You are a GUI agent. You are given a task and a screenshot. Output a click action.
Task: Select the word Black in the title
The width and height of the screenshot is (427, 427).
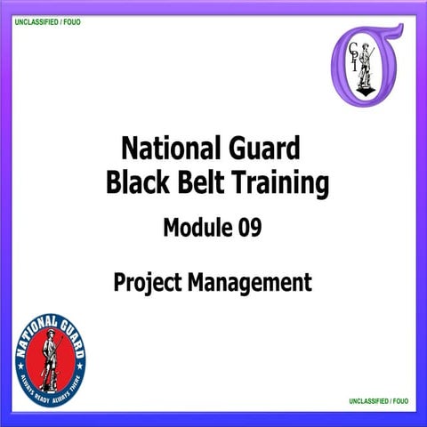(135, 184)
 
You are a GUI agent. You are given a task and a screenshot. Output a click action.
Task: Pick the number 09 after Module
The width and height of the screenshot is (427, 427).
(250, 230)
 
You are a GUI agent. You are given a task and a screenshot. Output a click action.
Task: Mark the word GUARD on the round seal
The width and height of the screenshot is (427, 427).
(71, 331)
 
